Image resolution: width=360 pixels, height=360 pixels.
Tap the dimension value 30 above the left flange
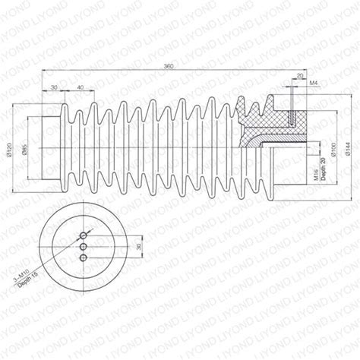click(53, 89)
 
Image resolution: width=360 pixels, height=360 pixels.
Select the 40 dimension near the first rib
click(80, 89)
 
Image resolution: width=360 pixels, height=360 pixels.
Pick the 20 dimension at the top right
click(300, 76)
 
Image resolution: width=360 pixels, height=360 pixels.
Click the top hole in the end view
click(82, 234)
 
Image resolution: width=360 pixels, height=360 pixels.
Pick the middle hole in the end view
click(82, 246)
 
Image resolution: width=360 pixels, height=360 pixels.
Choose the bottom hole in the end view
click(82, 258)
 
